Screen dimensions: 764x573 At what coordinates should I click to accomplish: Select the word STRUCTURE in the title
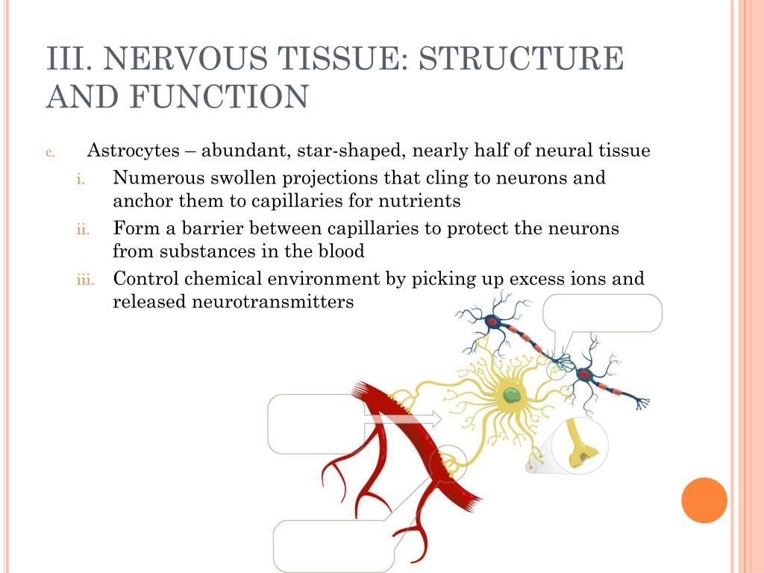[x=521, y=59]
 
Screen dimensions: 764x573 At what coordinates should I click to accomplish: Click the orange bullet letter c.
[x=50, y=153]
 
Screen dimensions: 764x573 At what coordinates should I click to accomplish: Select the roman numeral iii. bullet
[x=85, y=281]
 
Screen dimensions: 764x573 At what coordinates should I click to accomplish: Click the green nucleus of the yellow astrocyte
[x=511, y=395]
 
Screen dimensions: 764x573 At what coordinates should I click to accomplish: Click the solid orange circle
[x=704, y=500]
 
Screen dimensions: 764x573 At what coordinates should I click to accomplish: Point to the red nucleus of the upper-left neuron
[x=493, y=322]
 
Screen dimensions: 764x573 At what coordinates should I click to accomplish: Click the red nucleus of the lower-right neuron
[x=584, y=375]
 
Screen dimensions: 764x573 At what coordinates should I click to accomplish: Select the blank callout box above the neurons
[x=602, y=313]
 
